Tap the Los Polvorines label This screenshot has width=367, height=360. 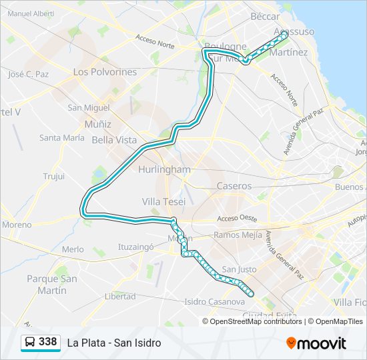pyautogui.click(x=105, y=71)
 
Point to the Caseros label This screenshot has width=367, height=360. pyautogui.click(x=234, y=186)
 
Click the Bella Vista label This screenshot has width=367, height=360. pyautogui.click(x=114, y=140)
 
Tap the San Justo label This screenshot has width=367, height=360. pyautogui.click(x=239, y=269)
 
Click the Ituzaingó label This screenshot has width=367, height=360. pyautogui.click(x=136, y=246)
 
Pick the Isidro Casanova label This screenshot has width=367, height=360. pyautogui.click(x=214, y=302)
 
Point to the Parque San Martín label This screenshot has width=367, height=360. pyautogui.click(x=47, y=285)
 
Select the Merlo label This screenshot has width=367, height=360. pyautogui.click(x=73, y=249)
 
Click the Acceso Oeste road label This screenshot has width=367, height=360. pyautogui.click(x=237, y=219)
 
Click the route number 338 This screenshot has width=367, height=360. pyautogui.click(x=47, y=342)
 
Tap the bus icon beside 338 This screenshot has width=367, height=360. pyautogui.click(x=30, y=343)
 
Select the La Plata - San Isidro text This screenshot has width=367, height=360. pyautogui.click(x=114, y=343)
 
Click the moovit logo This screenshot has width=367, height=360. pyautogui.click(x=316, y=343)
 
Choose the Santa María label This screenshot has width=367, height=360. pyautogui.click(x=62, y=138)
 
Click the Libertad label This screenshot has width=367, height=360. pyautogui.click(x=120, y=296)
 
